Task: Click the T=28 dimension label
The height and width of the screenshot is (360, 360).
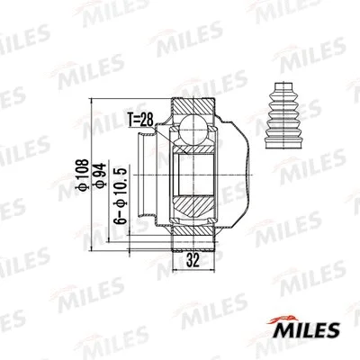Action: pyautogui.click(x=140, y=116)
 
